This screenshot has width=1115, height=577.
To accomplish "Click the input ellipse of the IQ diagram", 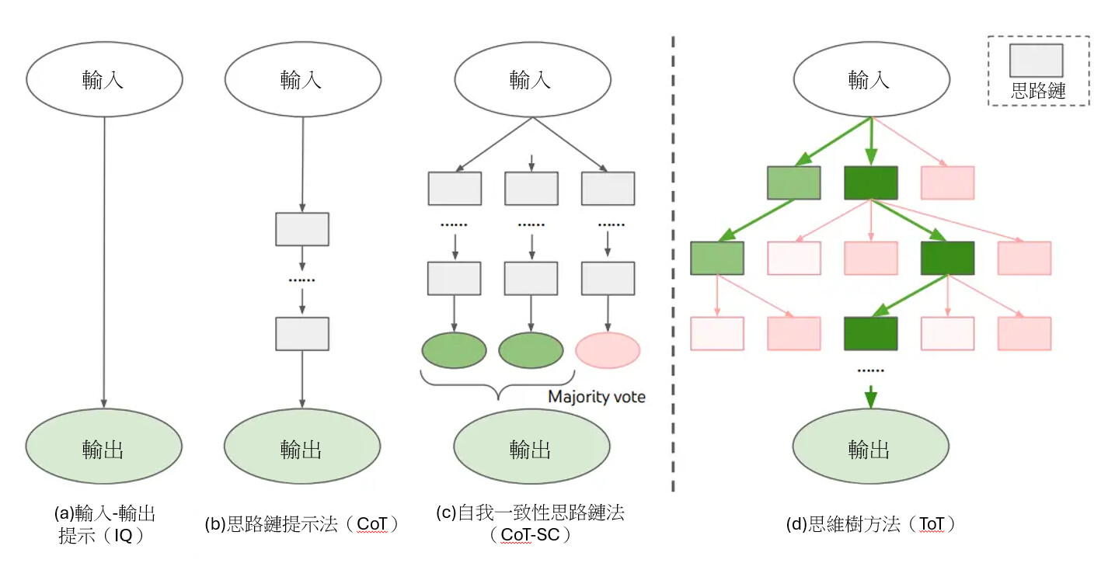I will coord(104,80).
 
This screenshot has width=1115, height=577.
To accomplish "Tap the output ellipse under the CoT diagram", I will coord(301,448).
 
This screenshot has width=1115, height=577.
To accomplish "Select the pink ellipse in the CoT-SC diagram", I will coord(608,350).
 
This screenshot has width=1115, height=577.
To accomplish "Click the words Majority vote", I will coord(596,397).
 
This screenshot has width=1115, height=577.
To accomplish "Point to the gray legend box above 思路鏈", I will coord(1036,61).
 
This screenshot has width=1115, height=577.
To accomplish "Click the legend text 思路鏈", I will coord(1037,91).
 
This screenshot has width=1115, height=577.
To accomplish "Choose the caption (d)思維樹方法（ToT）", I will coord(870,525).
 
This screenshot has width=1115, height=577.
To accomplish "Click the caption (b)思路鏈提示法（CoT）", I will coord(301,525).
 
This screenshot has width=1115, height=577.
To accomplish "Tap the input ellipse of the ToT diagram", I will coord(870,80).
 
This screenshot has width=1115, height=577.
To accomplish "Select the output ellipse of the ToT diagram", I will coord(870,448).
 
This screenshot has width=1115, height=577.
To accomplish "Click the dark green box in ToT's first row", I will coord(871,183).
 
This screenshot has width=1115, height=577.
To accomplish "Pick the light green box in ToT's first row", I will coord(793,183).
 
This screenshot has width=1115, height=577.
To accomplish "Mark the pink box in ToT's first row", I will coord(947,183).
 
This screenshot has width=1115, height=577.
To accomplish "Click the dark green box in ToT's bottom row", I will coord(871,333).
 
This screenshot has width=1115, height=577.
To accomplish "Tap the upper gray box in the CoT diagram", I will coord(302,229).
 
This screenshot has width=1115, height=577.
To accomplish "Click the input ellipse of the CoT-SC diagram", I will coord(531,80).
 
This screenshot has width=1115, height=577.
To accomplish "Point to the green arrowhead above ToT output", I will coord(870,398).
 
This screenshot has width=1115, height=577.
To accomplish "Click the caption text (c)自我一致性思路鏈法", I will coord(531,513).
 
